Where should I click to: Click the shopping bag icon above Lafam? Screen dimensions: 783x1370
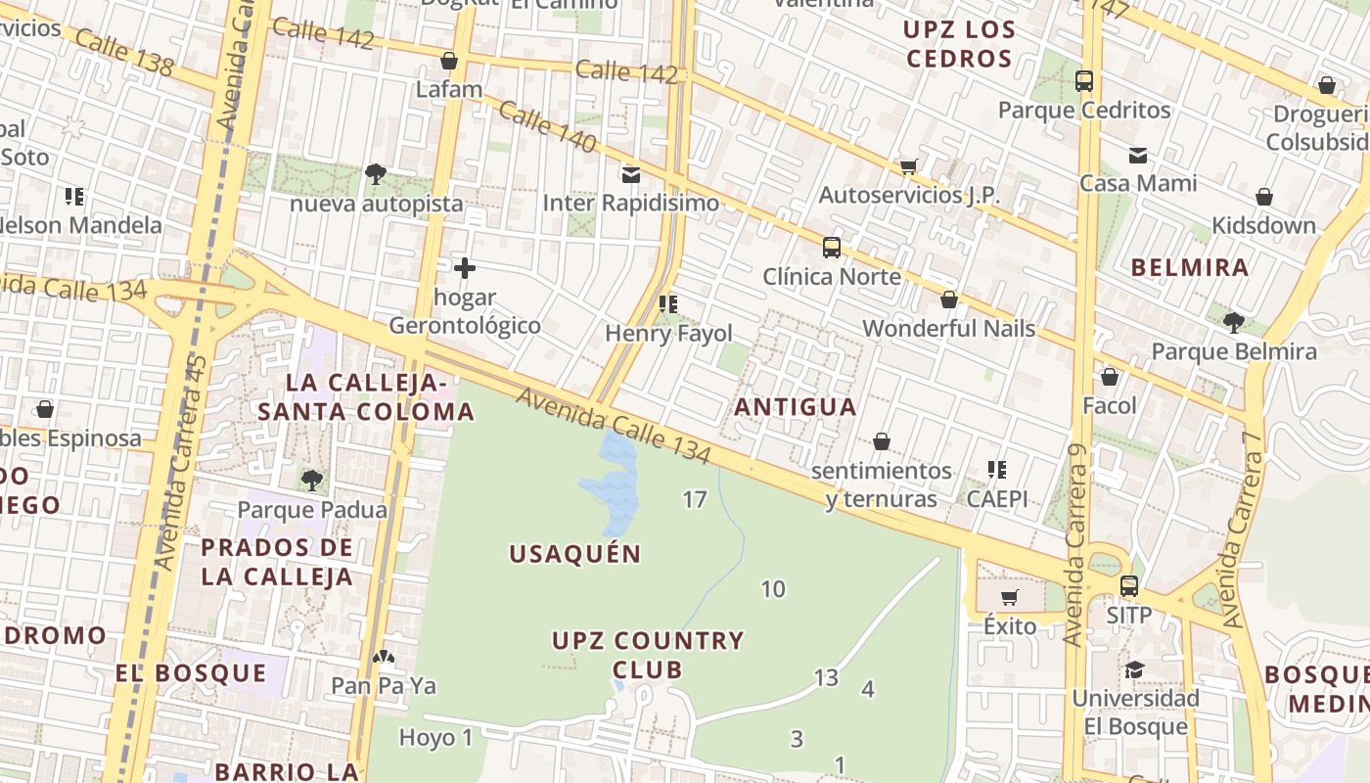tap(449, 62)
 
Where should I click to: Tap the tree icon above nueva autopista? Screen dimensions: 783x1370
tap(375, 174)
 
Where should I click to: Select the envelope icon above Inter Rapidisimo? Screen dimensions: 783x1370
tap(631, 175)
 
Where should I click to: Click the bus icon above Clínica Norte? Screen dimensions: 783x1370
tap(832, 248)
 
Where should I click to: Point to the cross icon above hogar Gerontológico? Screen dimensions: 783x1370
tap(465, 267)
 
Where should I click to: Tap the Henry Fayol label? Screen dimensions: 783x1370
tap(668, 333)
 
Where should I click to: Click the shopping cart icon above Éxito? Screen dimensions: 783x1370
tap(1010, 597)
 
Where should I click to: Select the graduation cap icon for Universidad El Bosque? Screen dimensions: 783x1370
tap(1134, 669)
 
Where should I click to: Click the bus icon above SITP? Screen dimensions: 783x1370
tap(1129, 586)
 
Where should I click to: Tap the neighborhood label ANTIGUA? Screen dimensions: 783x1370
tap(795, 406)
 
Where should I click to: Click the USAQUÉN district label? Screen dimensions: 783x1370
tap(575, 554)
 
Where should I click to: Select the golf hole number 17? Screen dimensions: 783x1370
tap(694, 500)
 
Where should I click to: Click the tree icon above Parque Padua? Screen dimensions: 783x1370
tap(312, 480)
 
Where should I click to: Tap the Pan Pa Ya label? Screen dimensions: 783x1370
tap(384, 685)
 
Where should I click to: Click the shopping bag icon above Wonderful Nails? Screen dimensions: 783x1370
tap(948, 299)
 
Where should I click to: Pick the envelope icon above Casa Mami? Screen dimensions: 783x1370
tap(1138, 155)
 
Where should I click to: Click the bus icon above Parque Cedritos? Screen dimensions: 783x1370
tap(1084, 81)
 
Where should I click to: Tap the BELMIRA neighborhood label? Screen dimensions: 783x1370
tap(1190, 267)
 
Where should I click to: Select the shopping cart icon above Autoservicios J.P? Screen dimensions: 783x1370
tap(909, 166)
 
